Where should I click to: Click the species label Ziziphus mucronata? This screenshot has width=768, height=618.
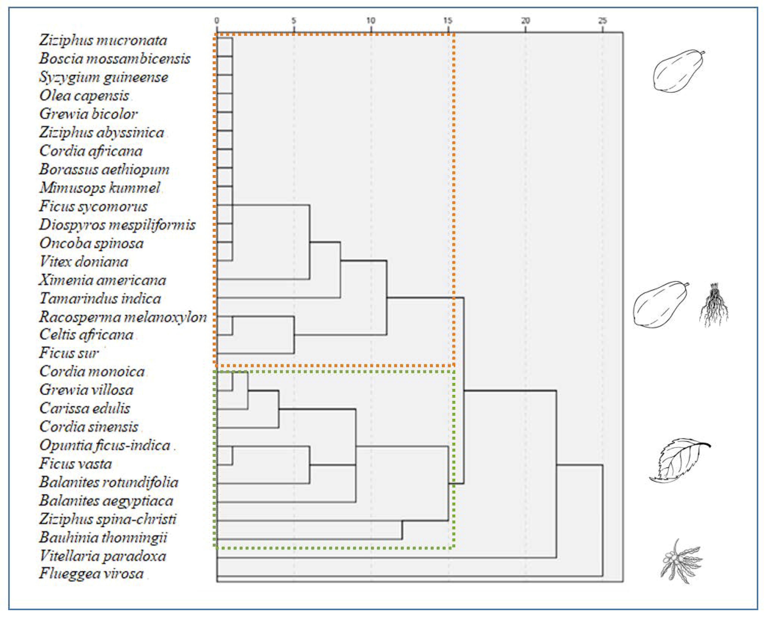(103, 40)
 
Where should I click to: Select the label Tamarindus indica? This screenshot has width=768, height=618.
(100, 298)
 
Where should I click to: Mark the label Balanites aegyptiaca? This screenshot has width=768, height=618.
(106, 501)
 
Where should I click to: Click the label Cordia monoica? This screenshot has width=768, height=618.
(92, 372)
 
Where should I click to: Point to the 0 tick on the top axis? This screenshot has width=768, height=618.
(217, 21)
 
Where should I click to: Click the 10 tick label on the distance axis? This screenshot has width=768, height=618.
(371, 21)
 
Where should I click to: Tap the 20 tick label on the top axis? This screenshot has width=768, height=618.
(525, 21)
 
